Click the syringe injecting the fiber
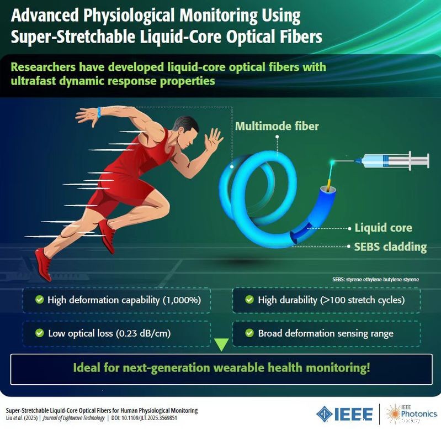tap(394, 161)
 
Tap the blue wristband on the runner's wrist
tap(99, 112)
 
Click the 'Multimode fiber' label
tap(277, 126)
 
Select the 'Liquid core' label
tap(383, 228)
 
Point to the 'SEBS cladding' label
tap(390, 247)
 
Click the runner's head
tap(187, 132)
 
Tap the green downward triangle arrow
tap(221, 344)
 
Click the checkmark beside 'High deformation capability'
tap(40, 300)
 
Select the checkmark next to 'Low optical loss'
tap(40, 333)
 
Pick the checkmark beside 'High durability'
tap(249, 300)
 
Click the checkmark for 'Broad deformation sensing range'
tap(249, 333)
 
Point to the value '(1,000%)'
tap(182, 300)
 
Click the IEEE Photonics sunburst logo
tap(393, 413)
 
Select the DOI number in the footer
tap(144, 418)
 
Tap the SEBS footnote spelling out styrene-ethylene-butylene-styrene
tap(375, 279)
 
